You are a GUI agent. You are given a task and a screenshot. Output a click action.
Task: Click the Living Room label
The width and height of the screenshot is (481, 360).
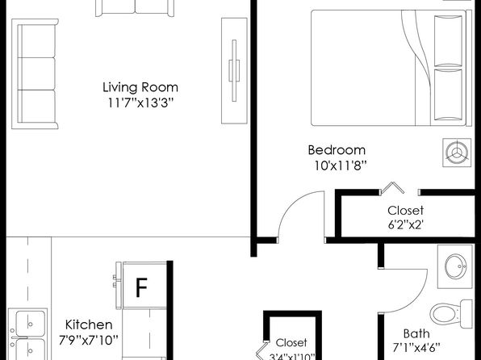point(140,87)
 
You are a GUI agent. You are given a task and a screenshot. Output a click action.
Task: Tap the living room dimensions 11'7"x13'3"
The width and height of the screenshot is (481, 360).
point(140,103)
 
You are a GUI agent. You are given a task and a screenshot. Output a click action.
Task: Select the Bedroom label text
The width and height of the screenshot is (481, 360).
point(337,150)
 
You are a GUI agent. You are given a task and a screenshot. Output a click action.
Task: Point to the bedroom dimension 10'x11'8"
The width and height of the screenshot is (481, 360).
point(341,165)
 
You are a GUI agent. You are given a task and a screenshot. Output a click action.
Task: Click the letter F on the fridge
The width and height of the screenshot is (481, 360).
point(141,287)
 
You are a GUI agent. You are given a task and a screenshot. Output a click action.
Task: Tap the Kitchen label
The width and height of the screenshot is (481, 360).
point(89,324)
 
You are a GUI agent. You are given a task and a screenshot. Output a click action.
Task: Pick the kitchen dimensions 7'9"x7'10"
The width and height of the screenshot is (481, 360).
point(89,340)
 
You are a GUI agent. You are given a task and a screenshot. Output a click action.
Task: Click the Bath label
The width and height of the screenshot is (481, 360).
point(416,333)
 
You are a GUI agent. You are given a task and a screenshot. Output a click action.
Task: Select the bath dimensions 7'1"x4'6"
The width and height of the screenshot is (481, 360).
point(416,348)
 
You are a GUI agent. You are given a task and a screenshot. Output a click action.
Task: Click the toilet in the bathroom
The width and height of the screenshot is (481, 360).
point(451,314)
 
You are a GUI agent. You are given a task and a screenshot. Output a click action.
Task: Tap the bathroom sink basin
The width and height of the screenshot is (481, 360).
point(456,266)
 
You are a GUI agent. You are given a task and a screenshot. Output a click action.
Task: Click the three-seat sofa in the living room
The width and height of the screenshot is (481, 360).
point(35,74)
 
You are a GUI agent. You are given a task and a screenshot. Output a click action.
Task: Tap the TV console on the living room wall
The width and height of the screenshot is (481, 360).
point(234,71)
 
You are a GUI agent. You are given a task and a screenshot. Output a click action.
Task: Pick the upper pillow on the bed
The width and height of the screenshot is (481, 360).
point(448,41)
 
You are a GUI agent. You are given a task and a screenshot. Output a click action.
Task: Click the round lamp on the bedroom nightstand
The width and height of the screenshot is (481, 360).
point(457,153)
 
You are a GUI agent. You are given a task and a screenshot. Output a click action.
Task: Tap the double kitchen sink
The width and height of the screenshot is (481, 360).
point(27,334)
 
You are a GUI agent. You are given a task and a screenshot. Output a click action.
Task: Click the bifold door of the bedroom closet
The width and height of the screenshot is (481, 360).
point(392,187)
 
